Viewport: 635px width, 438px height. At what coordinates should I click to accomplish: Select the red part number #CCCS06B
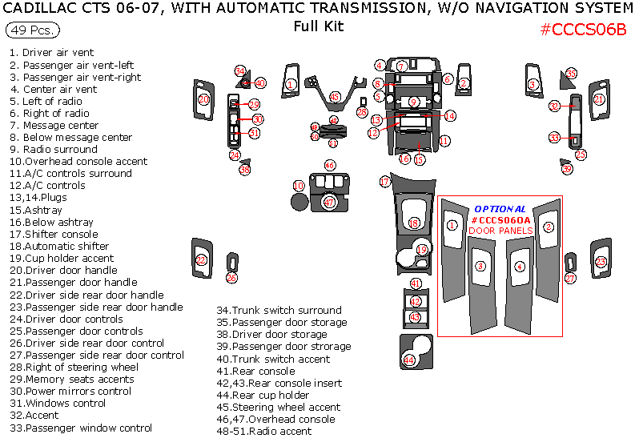pyautogui.click(x=582, y=30)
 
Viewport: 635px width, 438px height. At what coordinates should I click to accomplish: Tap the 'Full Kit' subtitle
pyautogui.click(x=318, y=26)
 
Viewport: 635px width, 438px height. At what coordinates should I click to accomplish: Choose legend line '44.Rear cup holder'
pyautogui.click(x=263, y=395)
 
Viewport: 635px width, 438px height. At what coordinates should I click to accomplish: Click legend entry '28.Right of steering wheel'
pyautogui.click(x=74, y=367)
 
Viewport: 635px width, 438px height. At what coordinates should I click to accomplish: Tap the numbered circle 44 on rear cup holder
pyautogui.click(x=409, y=360)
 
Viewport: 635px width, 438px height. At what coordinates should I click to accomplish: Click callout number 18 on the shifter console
pyautogui.click(x=414, y=223)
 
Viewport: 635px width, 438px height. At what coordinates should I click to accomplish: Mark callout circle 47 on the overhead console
pyautogui.click(x=329, y=203)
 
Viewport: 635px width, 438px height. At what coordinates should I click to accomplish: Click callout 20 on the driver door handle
pyautogui.click(x=203, y=99)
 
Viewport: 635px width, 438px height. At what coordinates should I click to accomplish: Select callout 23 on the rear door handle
pyautogui.click(x=601, y=261)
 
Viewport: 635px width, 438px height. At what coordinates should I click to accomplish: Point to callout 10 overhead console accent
pyautogui.click(x=299, y=186)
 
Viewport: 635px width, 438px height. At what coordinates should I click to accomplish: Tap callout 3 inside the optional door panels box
pyautogui.click(x=480, y=266)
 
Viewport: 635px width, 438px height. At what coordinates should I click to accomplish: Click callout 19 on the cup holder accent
pyautogui.click(x=422, y=251)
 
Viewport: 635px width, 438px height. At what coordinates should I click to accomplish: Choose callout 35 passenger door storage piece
pyautogui.click(x=571, y=74)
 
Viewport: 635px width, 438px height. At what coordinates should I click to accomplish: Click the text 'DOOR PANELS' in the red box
pyautogui.click(x=499, y=231)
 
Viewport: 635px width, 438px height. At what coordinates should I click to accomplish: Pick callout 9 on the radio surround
pyautogui.click(x=413, y=102)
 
